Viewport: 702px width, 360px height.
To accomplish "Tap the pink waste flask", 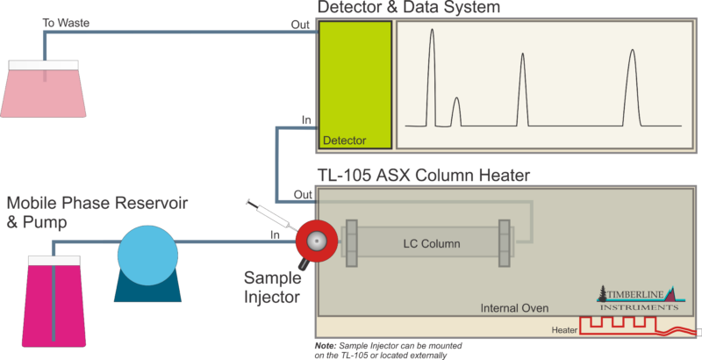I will [45, 92].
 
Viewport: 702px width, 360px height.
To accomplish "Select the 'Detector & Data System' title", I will [408, 9].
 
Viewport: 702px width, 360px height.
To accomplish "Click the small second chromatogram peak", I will [455, 112].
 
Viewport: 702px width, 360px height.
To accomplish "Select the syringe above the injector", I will [268, 212].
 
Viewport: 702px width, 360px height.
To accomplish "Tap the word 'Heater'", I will [565, 330].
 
